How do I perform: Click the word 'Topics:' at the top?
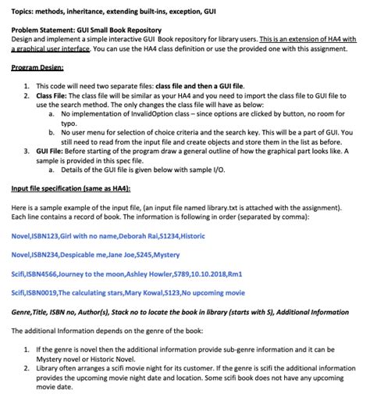24,6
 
